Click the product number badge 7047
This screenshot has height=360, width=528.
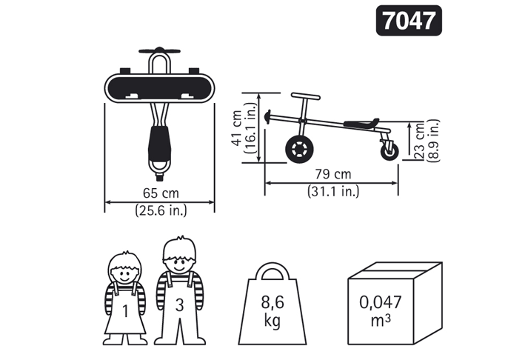[409, 20]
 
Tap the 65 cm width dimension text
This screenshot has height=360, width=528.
[161, 193]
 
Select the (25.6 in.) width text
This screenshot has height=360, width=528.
[161, 210]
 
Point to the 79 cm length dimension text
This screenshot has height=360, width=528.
[333, 174]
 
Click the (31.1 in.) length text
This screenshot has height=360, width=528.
[333, 191]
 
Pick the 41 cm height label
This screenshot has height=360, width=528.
[237, 128]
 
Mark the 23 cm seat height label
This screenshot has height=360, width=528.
[420, 141]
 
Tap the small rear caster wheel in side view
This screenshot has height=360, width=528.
[390, 151]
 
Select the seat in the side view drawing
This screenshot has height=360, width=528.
[361, 124]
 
